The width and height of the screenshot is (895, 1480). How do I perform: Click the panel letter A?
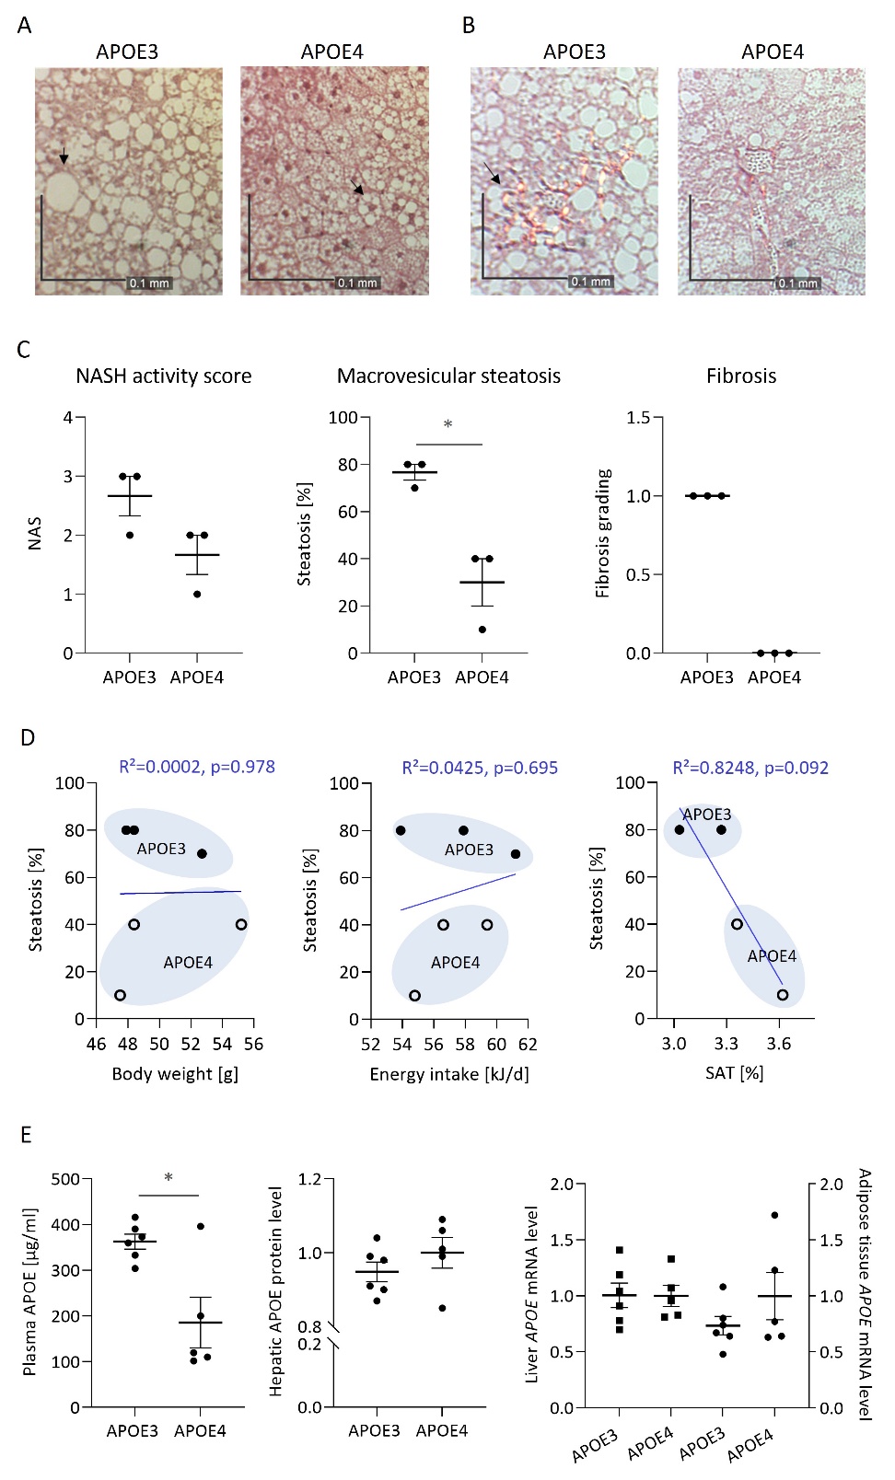(x=25, y=26)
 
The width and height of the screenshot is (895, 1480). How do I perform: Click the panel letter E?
(x=26, y=1135)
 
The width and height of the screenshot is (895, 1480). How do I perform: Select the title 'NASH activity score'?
(x=164, y=376)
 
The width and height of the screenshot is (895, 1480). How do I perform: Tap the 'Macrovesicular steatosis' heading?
(x=448, y=376)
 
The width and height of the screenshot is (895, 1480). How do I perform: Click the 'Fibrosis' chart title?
(x=741, y=376)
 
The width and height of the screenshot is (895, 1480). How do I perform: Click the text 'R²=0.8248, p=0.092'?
(x=750, y=768)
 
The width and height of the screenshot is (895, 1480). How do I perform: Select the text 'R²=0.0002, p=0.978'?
(x=197, y=767)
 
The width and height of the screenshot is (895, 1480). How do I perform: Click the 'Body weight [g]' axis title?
(x=175, y=1074)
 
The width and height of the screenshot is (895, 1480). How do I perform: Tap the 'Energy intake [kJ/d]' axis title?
(x=449, y=1075)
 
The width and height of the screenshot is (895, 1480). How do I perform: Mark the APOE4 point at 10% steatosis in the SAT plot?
(x=783, y=994)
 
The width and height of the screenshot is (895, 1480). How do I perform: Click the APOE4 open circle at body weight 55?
(x=241, y=924)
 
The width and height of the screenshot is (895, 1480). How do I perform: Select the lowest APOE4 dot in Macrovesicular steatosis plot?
(x=482, y=630)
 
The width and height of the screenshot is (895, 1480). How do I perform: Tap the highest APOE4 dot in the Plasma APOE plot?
(x=201, y=1226)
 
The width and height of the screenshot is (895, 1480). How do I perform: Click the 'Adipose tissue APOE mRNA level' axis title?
(x=864, y=1294)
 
